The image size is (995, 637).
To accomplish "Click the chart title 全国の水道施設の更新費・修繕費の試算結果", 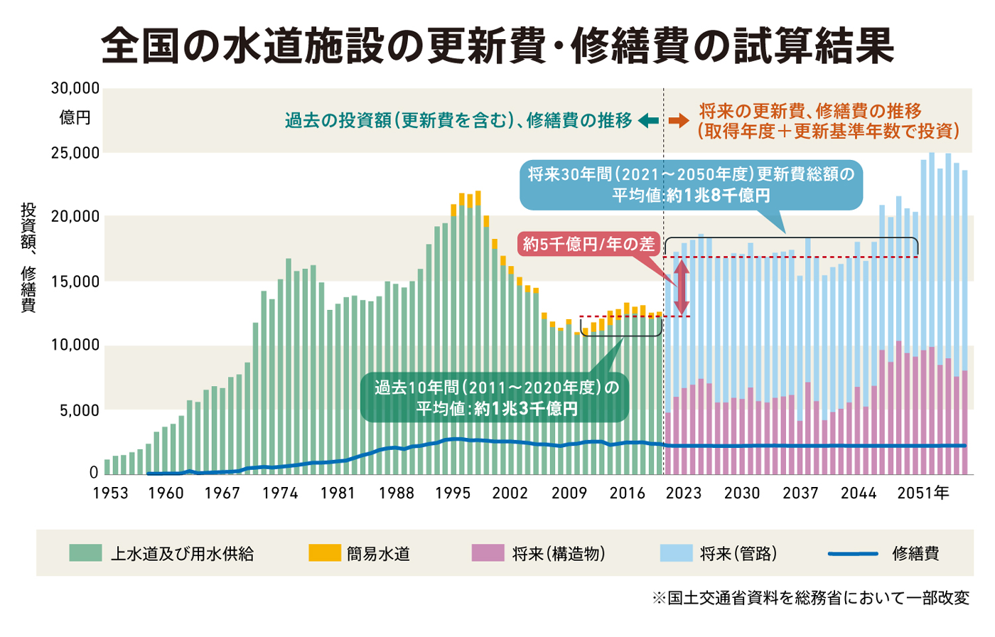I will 497,47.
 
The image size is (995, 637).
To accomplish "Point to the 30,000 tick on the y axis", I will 75,89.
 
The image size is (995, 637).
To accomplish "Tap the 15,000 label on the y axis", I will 75,282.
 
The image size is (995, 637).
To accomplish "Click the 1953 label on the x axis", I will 110,493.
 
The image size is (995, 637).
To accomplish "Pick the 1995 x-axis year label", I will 453,493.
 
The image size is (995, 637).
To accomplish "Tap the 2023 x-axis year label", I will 684,493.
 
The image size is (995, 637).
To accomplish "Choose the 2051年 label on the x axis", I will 923,493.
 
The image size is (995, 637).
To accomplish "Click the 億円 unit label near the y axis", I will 75,118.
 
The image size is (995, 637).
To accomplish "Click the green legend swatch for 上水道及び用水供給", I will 85,553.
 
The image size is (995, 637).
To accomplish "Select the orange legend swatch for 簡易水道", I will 324,553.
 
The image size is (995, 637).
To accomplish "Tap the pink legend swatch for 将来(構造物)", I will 488,553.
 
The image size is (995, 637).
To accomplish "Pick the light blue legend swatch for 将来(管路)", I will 676,553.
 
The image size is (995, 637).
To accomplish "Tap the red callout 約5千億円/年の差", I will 588,245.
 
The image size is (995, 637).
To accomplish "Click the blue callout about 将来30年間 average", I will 691,185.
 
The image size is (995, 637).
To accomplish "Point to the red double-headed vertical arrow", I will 682,288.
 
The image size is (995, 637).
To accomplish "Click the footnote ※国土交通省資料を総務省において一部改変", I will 810,599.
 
